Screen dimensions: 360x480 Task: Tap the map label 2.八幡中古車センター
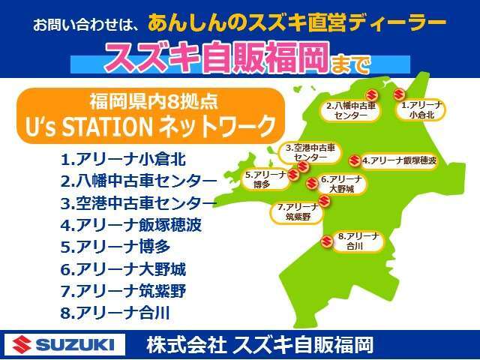coord(351,111)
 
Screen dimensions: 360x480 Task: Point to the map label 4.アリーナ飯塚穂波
coord(399,160)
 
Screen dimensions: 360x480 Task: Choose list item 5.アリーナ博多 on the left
coord(115,247)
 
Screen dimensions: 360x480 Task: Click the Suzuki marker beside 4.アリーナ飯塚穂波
coord(354,160)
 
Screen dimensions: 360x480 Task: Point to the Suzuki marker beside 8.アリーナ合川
coord(326,241)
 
